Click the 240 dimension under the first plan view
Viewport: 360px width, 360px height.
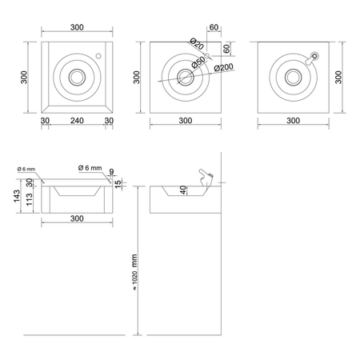77,121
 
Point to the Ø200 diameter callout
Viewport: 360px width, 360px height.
224,68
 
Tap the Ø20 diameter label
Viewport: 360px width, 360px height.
197,43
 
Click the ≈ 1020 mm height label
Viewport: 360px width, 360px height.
134,272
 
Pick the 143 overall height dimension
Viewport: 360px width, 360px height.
17,196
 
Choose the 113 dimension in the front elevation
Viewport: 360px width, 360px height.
29,200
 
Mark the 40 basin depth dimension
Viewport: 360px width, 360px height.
183,190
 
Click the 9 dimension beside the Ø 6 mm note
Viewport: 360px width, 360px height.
111,171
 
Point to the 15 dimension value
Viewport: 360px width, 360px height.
118,184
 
